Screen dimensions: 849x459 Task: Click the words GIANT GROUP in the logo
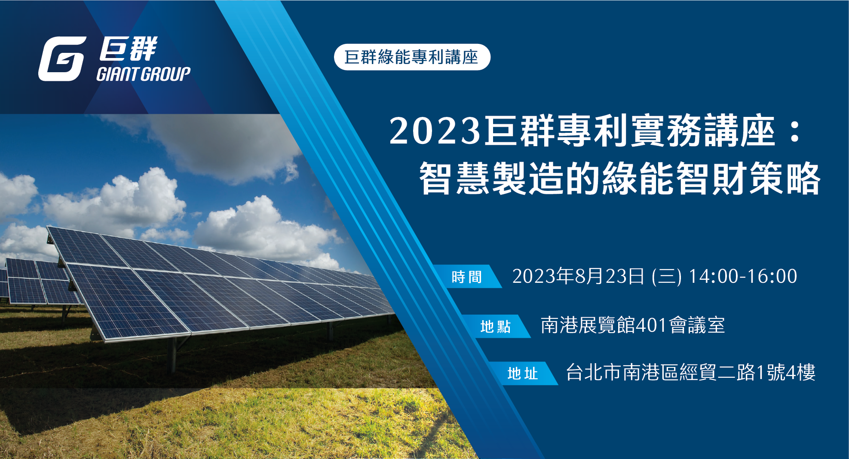click(x=144, y=74)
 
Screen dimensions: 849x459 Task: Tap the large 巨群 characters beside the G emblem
click(x=128, y=49)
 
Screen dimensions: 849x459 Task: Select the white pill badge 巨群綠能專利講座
click(x=412, y=57)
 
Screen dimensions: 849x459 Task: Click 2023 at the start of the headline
click(x=435, y=131)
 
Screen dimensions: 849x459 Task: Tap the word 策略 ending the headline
click(x=785, y=178)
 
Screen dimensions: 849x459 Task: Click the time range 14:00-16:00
click(x=743, y=276)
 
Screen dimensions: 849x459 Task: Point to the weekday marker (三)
click(x=667, y=276)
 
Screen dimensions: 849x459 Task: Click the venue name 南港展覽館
click(x=588, y=325)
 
